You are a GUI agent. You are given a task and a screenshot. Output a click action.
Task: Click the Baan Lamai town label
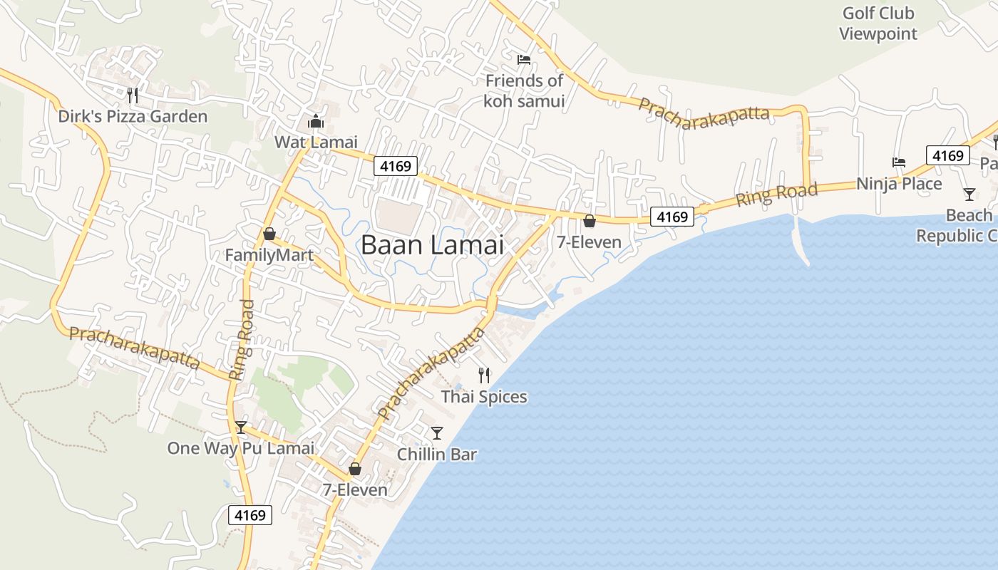click(432, 245)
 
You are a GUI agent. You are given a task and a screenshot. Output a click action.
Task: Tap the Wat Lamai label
click(316, 142)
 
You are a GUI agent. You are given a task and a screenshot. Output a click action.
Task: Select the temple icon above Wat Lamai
click(316, 122)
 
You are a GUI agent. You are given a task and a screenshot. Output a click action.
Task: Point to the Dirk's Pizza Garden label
click(133, 116)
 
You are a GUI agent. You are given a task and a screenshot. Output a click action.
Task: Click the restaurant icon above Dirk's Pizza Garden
click(132, 95)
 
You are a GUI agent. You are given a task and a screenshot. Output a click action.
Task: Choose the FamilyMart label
click(269, 255)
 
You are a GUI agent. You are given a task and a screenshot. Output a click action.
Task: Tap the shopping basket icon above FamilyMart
click(269, 234)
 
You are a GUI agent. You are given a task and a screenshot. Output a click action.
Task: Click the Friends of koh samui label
click(524, 90)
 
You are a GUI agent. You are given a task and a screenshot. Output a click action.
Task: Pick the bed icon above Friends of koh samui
click(524, 60)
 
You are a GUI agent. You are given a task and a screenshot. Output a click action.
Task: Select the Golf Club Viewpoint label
click(878, 24)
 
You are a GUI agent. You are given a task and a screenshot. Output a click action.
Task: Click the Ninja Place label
click(899, 184)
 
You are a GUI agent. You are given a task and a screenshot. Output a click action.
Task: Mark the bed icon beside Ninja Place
click(899, 162)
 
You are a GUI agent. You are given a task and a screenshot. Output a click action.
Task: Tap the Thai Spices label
click(484, 397)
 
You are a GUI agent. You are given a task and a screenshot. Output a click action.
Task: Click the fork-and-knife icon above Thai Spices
click(484, 375)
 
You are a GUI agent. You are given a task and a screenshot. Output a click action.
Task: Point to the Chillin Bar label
click(436, 454)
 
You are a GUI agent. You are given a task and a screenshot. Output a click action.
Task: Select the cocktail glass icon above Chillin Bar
click(437, 432)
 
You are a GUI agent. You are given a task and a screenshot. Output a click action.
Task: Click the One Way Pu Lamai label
click(240, 448)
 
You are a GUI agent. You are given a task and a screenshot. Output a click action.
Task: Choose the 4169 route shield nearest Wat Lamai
click(396, 167)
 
